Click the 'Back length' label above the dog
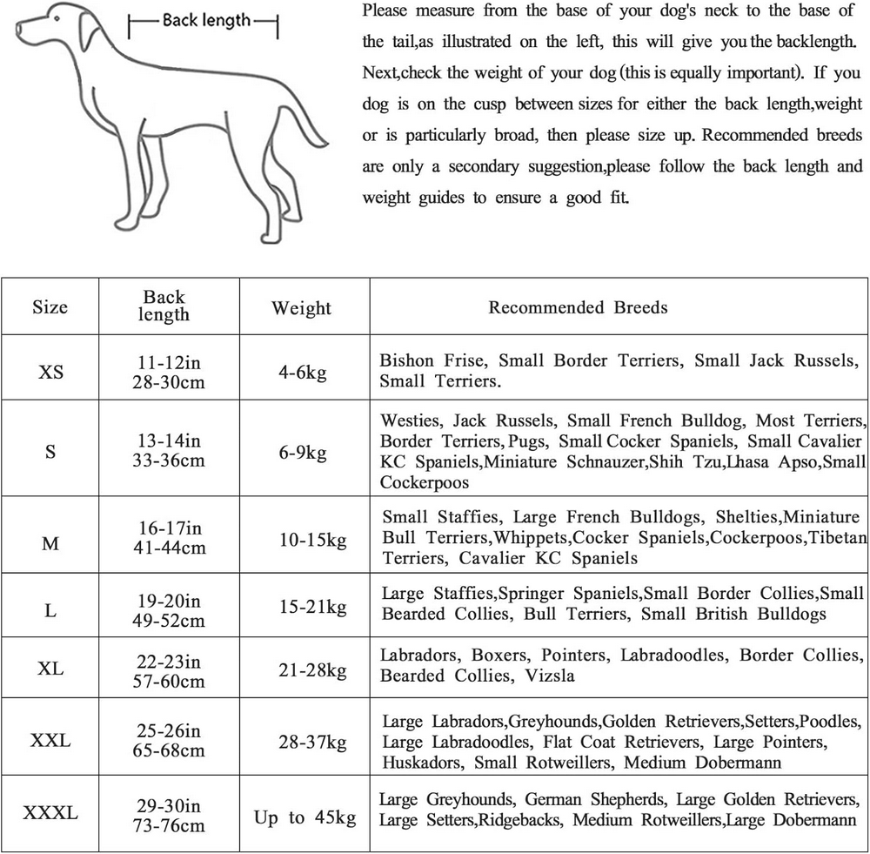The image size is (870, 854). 206,19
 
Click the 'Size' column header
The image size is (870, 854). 50,307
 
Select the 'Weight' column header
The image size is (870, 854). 301,308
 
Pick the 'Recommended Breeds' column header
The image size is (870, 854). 578,307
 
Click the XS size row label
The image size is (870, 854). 50,371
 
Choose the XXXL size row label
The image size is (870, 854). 50,814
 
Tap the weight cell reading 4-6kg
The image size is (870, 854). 301,372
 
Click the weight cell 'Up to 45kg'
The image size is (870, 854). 304,817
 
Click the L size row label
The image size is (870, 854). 50,610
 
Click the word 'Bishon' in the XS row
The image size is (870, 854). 408,360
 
